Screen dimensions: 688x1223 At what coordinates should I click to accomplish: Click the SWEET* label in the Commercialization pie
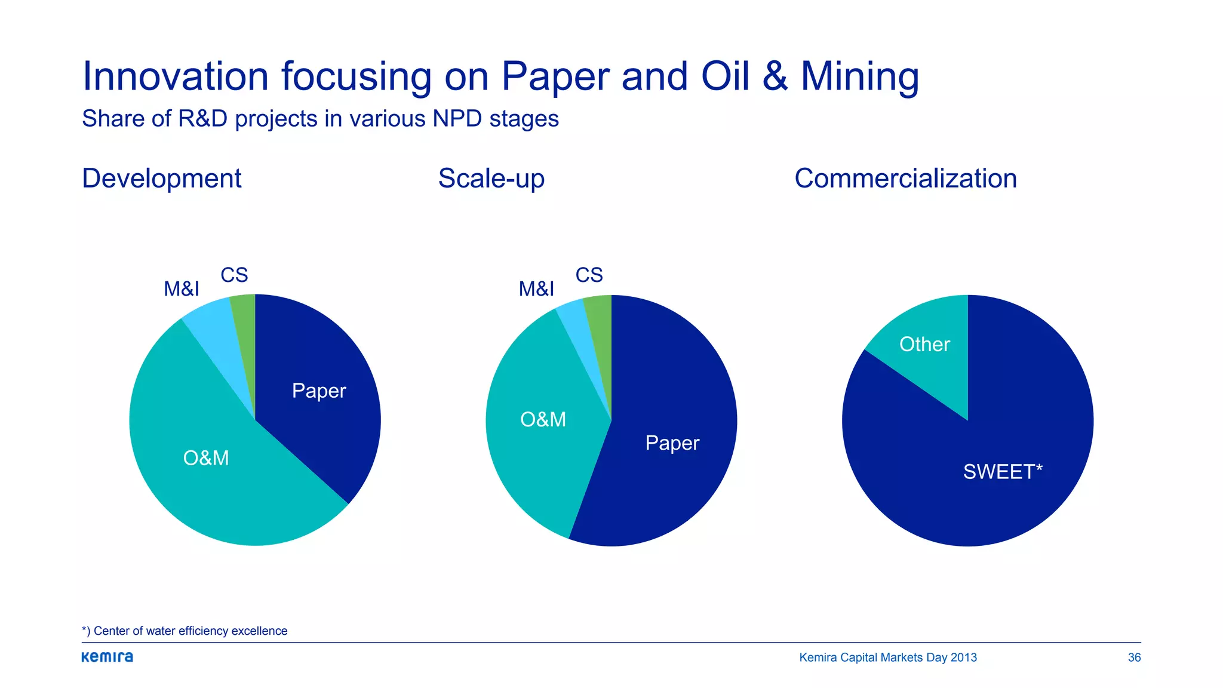(1003, 472)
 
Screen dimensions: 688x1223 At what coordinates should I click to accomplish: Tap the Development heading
(161, 179)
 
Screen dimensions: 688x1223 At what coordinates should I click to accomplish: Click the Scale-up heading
(491, 179)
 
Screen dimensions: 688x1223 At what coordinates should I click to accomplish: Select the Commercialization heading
(905, 179)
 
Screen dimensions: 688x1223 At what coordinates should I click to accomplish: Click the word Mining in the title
(859, 77)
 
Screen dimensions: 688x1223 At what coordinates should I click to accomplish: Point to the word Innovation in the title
(175, 77)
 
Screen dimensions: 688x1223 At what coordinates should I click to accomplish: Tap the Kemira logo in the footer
(107, 657)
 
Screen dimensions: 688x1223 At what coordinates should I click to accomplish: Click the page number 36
(1134, 658)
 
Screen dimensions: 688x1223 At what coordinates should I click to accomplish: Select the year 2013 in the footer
(963, 658)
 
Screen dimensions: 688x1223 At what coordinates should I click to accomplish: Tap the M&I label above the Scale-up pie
(536, 289)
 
